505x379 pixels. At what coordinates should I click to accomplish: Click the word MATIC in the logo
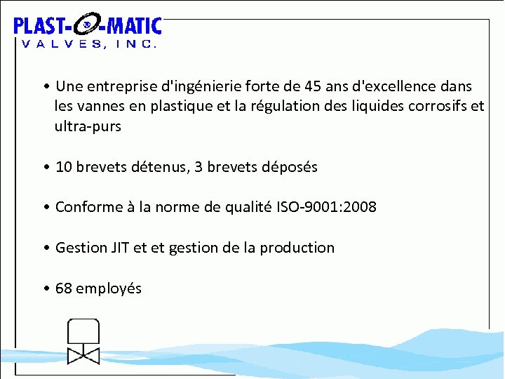[134, 27]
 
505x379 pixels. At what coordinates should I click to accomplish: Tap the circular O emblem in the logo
[86, 27]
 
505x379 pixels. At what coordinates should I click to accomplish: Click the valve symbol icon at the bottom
[83, 342]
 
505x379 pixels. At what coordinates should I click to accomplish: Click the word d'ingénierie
[202, 86]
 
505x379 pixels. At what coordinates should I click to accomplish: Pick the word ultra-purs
[88, 127]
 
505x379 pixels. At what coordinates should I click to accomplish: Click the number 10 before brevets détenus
[63, 167]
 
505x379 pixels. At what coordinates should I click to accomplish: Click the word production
[297, 248]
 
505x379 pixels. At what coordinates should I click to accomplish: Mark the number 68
[63, 288]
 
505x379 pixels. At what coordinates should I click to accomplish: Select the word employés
[109, 288]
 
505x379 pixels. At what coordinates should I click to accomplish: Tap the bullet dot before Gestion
[45, 248]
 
